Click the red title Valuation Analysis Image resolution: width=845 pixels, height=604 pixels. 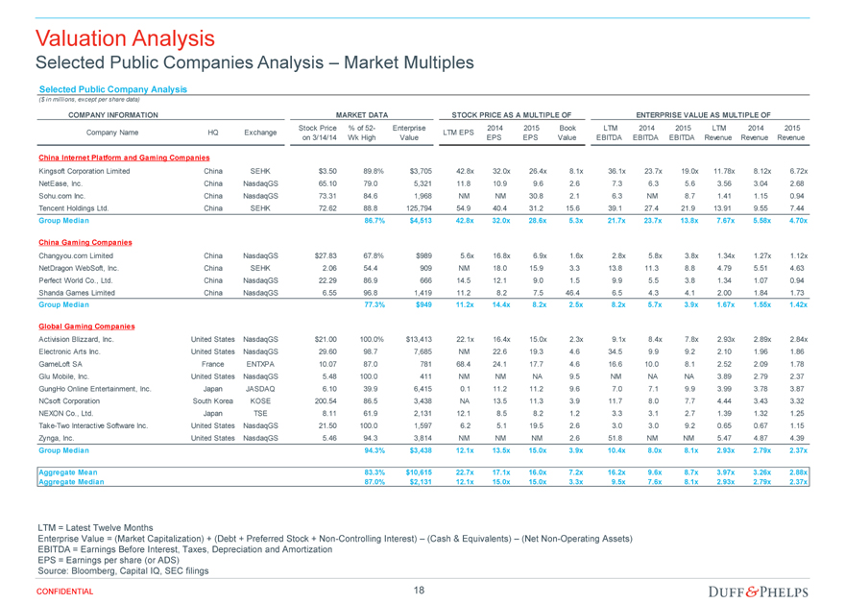click(x=125, y=38)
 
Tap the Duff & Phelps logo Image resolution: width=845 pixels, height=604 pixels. click(x=759, y=592)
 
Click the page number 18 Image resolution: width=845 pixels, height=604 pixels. click(x=419, y=590)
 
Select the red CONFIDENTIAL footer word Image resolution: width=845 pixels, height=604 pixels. click(x=64, y=592)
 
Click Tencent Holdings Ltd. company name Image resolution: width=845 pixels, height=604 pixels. click(x=74, y=208)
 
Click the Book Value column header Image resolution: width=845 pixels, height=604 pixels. click(x=567, y=133)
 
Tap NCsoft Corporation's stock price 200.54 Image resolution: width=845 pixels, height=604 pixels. click(x=326, y=400)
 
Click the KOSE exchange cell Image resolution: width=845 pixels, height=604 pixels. click(x=260, y=400)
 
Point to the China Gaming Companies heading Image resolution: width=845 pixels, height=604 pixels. click(x=85, y=242)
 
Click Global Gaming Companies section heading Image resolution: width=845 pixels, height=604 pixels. click(x=86, y=326)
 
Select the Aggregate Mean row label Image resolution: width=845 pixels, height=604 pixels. click(x=68, y=472)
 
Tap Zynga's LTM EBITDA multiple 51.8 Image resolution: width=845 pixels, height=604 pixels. click(x=615, y=438)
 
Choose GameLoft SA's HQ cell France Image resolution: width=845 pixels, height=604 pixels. click(x=213, y=364)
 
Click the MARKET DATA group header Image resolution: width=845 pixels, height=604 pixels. click(x=362, y=115)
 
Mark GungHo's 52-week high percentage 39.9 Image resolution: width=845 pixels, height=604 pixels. click(x=371, y=389)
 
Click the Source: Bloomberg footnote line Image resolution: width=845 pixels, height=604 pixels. click(x=123, y=571)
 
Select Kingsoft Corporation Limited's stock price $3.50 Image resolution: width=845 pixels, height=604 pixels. click(x=327, y=171)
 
